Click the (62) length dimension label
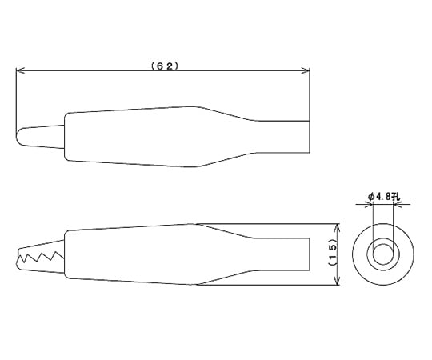[x=165, y=66]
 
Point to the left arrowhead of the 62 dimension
[x=20, y=70]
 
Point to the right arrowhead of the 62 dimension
[x=306, y=70]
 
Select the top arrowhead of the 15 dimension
[x=337, y=228]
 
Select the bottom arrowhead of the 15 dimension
[x=337, y=280]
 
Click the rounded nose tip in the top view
[x=18, y=136]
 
